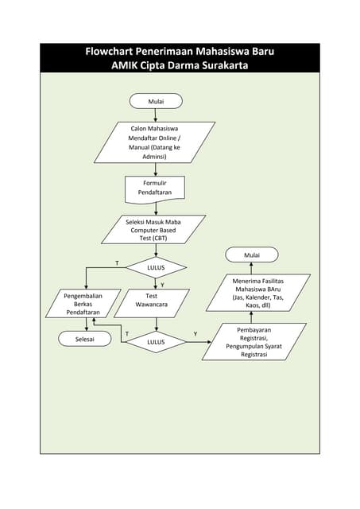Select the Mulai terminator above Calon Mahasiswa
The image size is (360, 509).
[156, 101]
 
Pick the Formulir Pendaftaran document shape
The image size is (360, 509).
[154, 188]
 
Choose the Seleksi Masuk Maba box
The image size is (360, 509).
[154, 229]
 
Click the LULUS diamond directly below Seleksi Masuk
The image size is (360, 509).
[156, 267]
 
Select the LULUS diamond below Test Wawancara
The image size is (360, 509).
[156, 342]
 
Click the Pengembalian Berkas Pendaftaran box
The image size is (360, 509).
[78, 304]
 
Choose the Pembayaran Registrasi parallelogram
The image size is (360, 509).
[254, 342]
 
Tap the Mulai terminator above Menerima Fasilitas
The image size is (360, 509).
[252, 254]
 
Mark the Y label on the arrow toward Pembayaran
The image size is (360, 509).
[195, 334]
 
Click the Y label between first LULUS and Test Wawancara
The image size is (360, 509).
[163, 284]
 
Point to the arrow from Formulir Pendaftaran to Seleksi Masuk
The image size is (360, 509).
[156, 208]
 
